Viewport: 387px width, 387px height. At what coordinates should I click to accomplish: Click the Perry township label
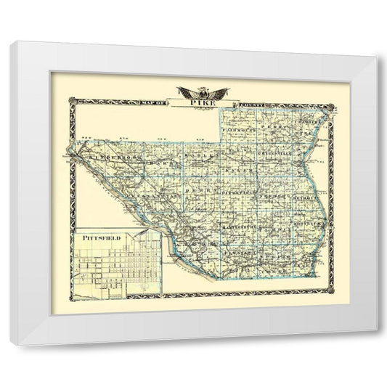point(276,127)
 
